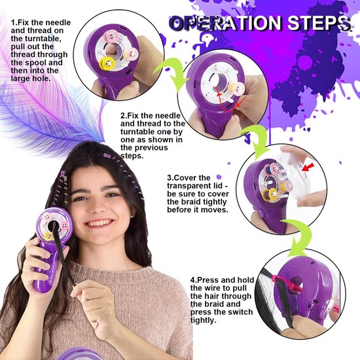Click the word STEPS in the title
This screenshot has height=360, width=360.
pyautogui.click(x=319, y=23)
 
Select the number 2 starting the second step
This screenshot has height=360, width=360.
pyautogui.click(x=122, y=115)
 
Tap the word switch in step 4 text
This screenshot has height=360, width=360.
pyautogui.click(x=241, y=312)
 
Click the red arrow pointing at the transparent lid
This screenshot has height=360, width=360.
pyautogui.click(x=308, y=168)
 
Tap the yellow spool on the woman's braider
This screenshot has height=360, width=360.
pyautogui.click(x=48, y=236)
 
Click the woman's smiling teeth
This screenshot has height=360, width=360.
pyautogui.click(x=100, y=223)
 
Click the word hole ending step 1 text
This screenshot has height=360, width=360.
pyautogui.click(x=41, y=79)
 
